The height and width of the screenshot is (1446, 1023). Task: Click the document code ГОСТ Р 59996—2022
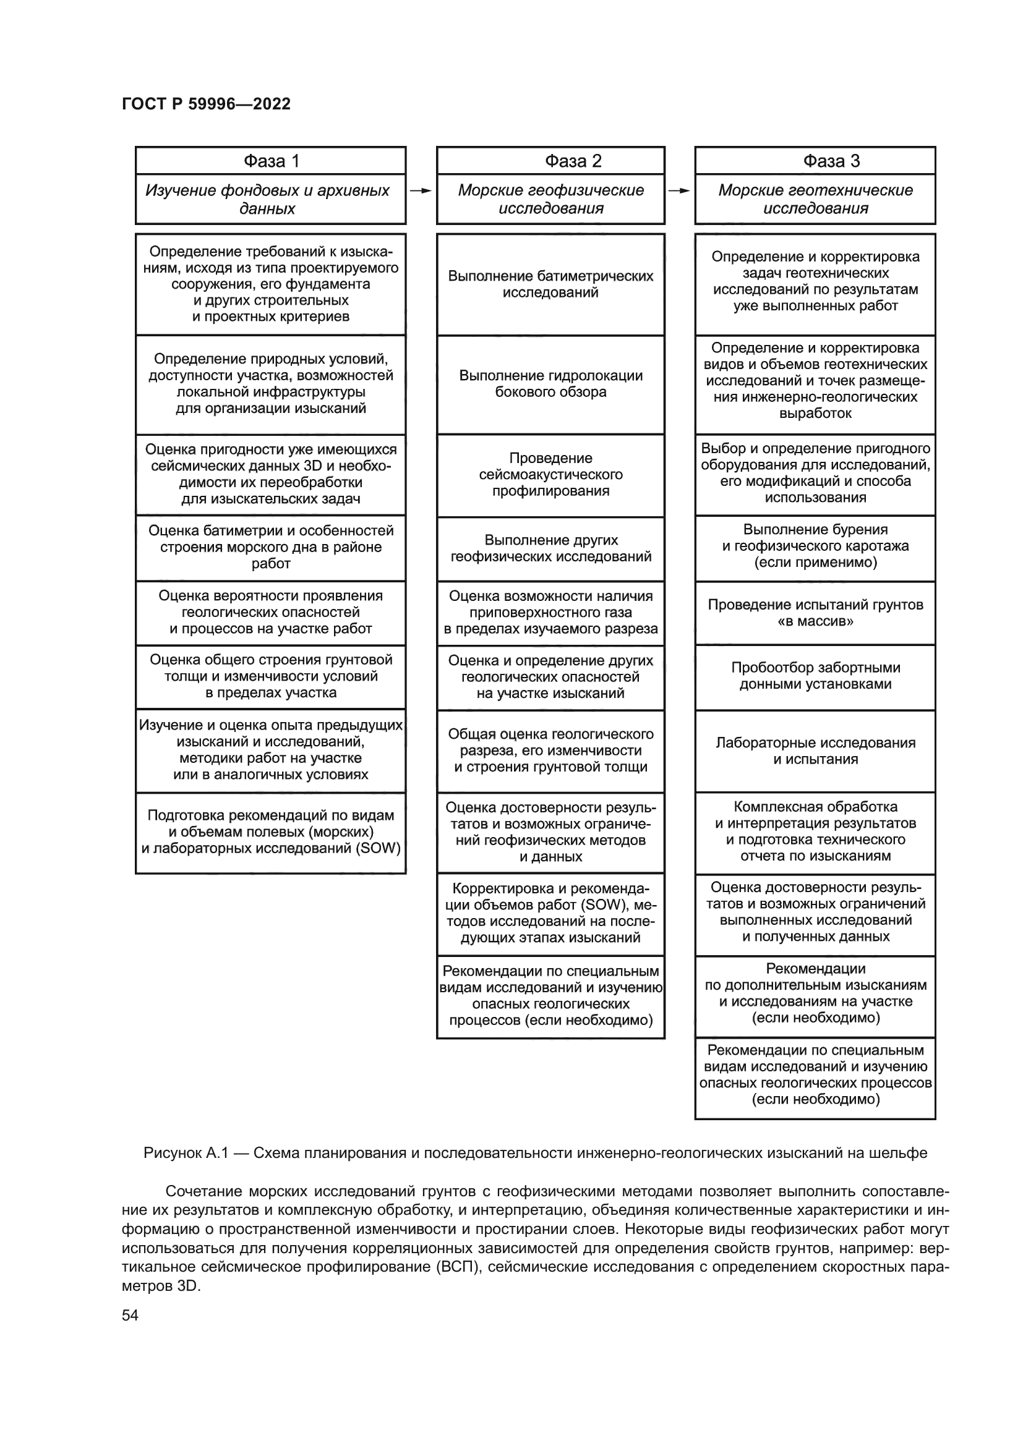point(206,104)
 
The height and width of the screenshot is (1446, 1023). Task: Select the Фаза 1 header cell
point(271,161)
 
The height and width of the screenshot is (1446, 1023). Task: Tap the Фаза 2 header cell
point(550,161)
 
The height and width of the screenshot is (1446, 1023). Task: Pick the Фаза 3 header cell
point(815,161)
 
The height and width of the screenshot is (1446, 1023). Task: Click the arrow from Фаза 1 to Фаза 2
point(421,191)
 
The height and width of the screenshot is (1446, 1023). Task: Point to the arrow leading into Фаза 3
point(680,191)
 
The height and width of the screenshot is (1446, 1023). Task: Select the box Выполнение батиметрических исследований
point(550,284)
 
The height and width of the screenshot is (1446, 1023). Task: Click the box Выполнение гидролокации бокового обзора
point(550,383)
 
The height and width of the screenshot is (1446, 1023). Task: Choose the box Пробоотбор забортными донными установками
point(815,676)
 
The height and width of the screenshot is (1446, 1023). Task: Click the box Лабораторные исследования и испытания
point(815,751)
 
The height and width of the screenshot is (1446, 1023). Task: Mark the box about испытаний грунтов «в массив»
point(815,613)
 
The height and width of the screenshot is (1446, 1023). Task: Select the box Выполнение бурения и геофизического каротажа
point(815,546)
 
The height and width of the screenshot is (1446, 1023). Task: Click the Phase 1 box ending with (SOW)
point(271,832)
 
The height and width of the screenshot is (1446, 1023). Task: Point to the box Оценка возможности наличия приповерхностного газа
point(550,612)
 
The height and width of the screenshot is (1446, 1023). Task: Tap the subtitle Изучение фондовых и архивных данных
point(268,199)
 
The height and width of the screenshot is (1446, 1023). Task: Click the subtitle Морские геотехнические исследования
point(815,199)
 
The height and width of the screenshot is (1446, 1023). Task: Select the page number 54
point(130,1315)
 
